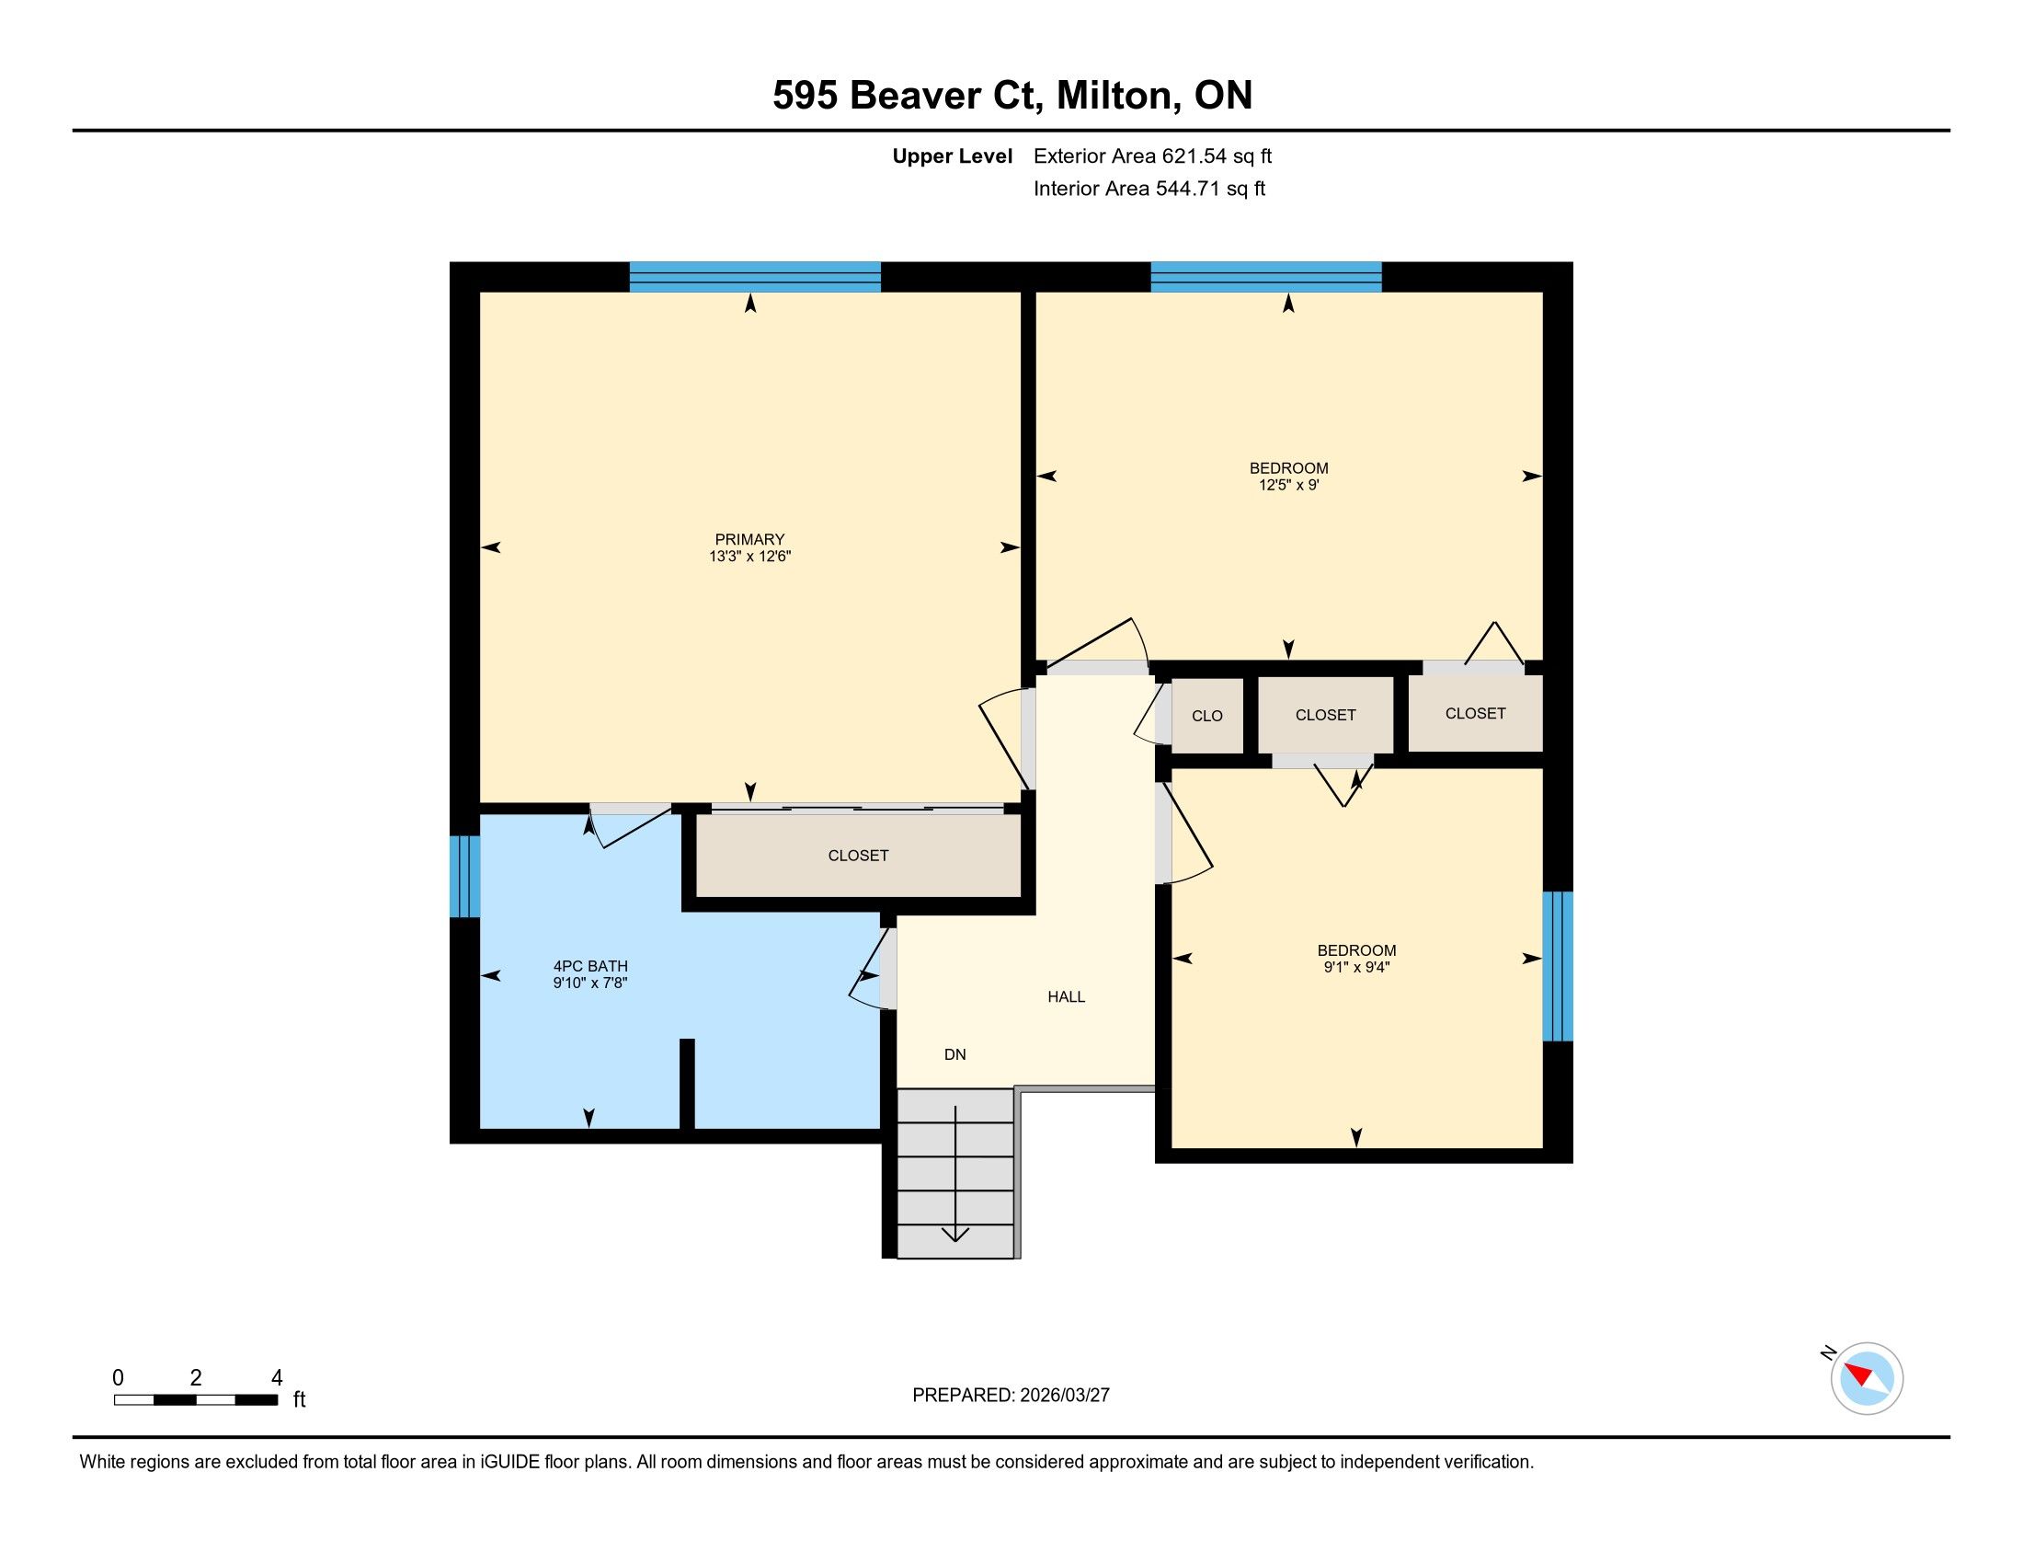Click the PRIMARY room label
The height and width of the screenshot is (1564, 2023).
pyautogui.click(x=749, y=539)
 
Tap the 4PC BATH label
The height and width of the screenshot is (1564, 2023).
pyautogui.click(x=590, y=966)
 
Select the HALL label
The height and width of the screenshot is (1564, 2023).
pyautogui.click(x=1066, y=997)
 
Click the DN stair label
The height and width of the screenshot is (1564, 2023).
pyautogui.click(x=955, y=1054)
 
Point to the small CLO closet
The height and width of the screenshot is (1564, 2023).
pyautogui.click(x=1207, y=715)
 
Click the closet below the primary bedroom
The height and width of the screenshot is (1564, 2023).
pyautogui.click(x=859, y=856)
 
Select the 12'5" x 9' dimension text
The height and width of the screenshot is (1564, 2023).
pyautogui.click(x=1288, y=485)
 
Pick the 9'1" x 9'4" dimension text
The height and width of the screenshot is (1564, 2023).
pyautogui.click(x=1357, y=967)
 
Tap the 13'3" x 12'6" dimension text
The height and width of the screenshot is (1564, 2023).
pyautogui.click(x=749, y=557)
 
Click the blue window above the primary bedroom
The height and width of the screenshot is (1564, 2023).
pyautogui.click(x=755, y=277)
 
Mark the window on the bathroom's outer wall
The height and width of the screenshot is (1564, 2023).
pyautogui.click(x=465, y=877)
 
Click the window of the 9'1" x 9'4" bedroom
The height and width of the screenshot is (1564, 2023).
pyautogui.click(x=1558, y=966)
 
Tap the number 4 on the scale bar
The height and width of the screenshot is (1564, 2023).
pyautogui.click(x=277, y=1378)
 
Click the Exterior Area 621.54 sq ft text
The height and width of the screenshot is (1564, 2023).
pyautogui.click(x=1152, y=156)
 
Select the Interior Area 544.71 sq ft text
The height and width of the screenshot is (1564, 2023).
pyautogui.click(x=1149, y=189)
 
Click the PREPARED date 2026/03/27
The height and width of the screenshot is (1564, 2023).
pyautogui.click(x=1063, y=1396)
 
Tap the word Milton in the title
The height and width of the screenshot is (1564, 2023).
pyautogui.click(x=1119, y=97)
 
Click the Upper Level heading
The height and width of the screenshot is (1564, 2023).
pyautogui.click(x=953, y=156)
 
